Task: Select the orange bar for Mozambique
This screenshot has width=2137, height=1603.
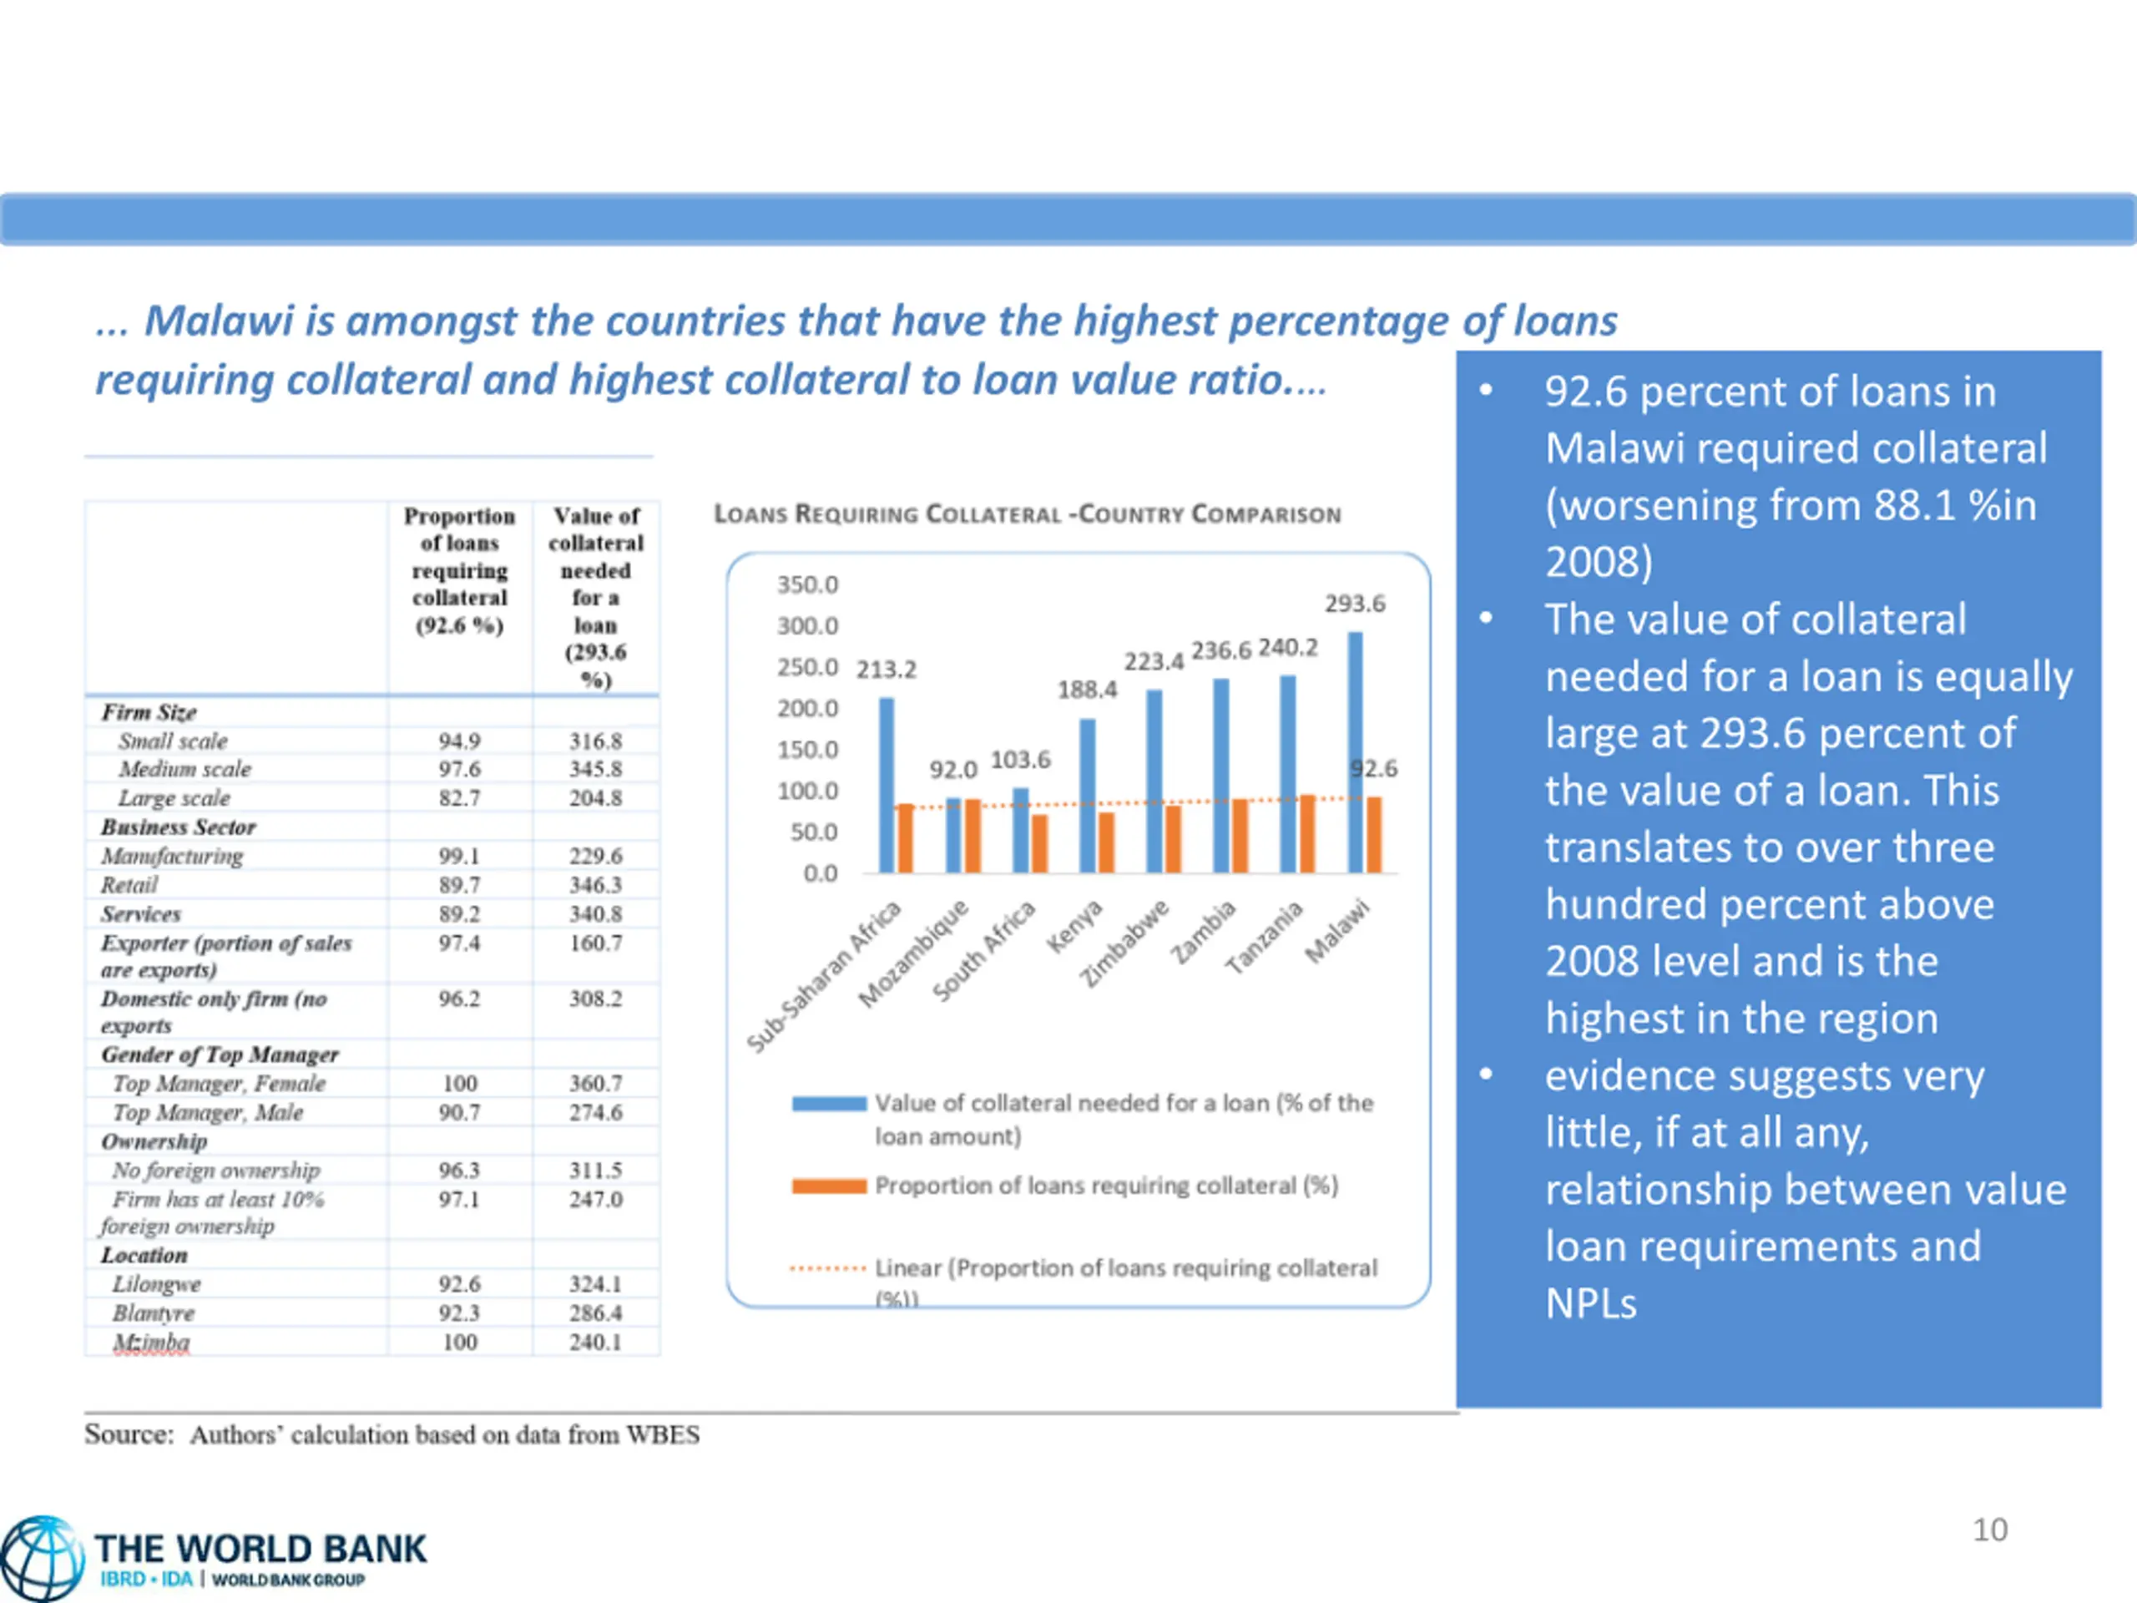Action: pyautogui.click(x=973, y=836)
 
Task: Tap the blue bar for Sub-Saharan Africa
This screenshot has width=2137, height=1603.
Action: pyautogui.click(x=886, y=785)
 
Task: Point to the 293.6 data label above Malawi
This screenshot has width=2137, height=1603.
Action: pyautogui.click(x=1355, y=604)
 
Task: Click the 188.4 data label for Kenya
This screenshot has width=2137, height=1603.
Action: pyautogui.click(x=1087, y=690)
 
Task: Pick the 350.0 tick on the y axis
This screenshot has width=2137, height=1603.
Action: pyautogui.click(x=808, y=584)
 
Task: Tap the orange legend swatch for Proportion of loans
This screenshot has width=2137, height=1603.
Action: pyautogui.click(x=828, y=1186)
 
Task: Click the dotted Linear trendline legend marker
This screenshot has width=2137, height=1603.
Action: pyautogui.click(x=827, y=1267)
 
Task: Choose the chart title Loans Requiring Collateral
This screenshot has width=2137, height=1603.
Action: pyautogui.click(x=1027, y=514)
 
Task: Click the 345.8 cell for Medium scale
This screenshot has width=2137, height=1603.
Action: pyautogui.click(x=595, y=769)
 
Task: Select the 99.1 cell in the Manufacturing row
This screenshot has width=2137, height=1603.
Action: pyautogui.click(x=459, y=856)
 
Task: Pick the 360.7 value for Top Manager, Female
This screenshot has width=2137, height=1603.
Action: pyautogui.click(x=595, y=1083)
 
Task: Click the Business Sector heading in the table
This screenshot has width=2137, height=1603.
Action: pyautogui.click(x=179, y=827)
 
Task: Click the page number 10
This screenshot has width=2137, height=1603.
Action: pyautogui.click(x=1989, y=1530)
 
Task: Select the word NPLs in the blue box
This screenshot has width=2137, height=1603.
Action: pyautogui.click(x=1590, y=1303)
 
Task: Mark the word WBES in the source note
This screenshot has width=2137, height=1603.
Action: pyautogui.click(x=663, y=1435)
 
